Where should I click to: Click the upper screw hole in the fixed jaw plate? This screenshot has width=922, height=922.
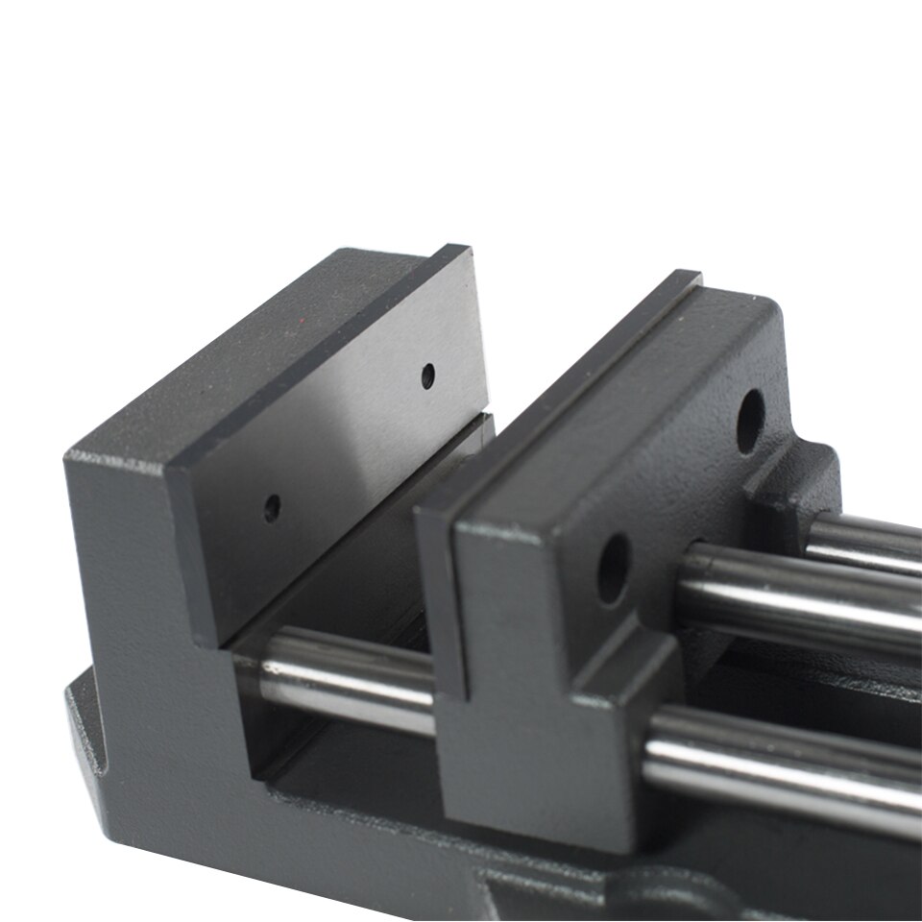pyautogui.click(x=427, y=376)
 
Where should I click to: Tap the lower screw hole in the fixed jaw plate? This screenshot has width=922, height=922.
pyautogui.click(x=272, y=507)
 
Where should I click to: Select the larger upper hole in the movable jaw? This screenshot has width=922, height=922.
pyautogui.click(x=750, y=421)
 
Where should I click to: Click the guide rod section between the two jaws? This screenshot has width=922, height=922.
pyautogui.click(x=346, y=677)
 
